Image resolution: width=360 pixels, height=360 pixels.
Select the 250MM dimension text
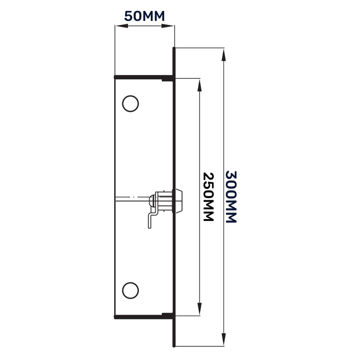pos(207,197)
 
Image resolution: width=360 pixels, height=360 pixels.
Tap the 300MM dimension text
pos(230,197)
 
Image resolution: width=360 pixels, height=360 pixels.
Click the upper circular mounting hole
pos(130,103)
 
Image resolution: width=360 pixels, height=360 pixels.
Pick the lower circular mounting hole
pos(130,290)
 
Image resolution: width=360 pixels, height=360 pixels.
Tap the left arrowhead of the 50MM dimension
pos(118,27)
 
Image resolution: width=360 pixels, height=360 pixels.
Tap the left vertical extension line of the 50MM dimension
pos(115,49)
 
